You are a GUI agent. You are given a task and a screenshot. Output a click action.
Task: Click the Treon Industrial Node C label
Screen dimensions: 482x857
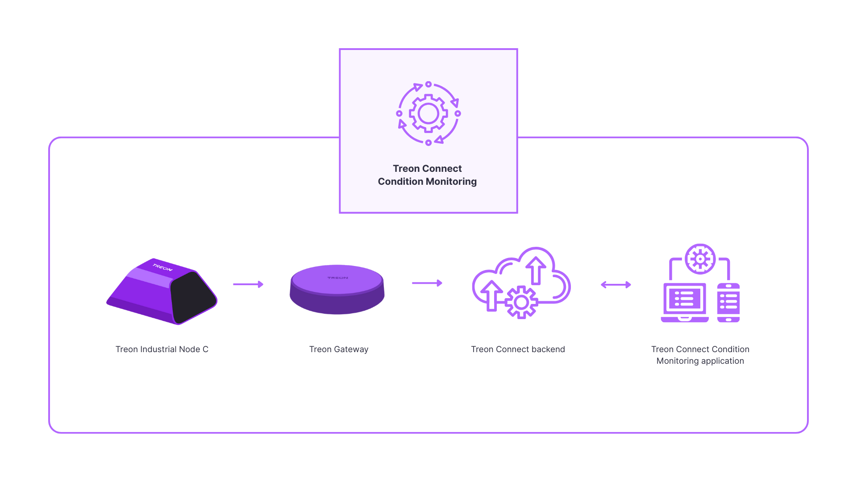point(162,349)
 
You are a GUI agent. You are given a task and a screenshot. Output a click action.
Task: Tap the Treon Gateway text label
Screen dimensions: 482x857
point(338,349)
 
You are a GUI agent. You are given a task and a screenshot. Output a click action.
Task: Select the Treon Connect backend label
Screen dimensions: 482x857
point(518,349)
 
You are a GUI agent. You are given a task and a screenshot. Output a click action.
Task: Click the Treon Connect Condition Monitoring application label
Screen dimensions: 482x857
point(700,355)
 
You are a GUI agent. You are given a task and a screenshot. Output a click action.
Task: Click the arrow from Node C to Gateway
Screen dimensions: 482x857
point(248,284)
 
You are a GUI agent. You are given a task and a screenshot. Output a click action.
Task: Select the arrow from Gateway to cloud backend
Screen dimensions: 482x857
point(427,283)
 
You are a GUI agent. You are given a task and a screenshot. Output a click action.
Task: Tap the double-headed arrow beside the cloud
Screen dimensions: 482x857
point(616,285)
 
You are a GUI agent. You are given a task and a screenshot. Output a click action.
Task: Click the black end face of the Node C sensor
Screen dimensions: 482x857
point(193,296)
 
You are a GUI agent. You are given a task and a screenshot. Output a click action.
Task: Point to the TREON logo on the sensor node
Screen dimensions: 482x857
point(162,268)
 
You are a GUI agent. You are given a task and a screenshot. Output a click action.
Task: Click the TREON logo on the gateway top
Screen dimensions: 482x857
point(337,278)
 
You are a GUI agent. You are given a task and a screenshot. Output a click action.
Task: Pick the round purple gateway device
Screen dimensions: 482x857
point(337,290)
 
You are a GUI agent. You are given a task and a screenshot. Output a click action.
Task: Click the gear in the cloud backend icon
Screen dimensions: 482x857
point(521,303)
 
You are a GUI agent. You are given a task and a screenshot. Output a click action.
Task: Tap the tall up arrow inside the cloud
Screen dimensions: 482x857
point(536,270)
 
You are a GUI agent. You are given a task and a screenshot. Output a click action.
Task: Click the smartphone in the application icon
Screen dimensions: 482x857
point(728,302)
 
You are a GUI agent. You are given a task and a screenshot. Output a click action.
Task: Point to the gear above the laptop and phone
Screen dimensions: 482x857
point(700,259)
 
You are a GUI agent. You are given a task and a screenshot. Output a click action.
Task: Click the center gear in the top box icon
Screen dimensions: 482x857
point(428,113)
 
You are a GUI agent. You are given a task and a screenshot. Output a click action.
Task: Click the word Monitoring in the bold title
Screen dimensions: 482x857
point(451,182)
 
